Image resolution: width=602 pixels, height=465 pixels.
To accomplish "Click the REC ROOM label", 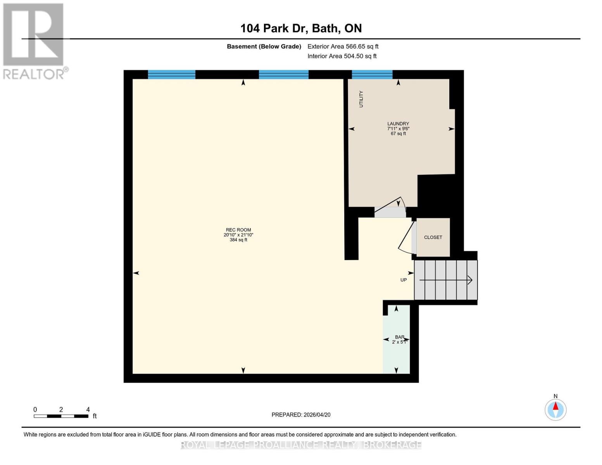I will coord(238,230).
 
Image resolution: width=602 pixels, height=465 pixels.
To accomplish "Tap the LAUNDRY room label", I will coord(398,124).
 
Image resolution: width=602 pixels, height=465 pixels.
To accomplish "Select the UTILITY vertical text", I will coord(361,99).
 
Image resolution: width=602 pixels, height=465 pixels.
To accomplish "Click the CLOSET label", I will coord(433,237).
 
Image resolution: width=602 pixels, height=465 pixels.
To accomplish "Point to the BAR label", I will coord(399,337).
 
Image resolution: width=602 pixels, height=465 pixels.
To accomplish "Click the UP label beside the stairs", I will coord(404,280).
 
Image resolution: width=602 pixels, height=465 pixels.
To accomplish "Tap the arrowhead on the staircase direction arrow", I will coord(469,280).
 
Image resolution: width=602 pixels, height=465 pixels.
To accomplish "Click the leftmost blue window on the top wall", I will coord(171,74).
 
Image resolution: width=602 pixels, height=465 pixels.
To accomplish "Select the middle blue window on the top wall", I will coord(283,74).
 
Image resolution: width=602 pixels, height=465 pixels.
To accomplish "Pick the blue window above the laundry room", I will coord(372,74).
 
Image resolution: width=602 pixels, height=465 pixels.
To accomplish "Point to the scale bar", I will coord(61,416).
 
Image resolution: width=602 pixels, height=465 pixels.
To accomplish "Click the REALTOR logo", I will coord(34,41).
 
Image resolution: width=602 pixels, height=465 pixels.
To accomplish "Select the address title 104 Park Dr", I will coord(301,28).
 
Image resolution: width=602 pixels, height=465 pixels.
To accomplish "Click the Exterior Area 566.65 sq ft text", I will coord(343,46).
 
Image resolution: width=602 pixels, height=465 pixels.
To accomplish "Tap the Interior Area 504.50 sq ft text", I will coord(342,56).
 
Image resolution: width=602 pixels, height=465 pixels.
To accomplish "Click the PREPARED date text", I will coord(301,415).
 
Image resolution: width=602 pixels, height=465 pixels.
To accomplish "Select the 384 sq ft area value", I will coord(238,240).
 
